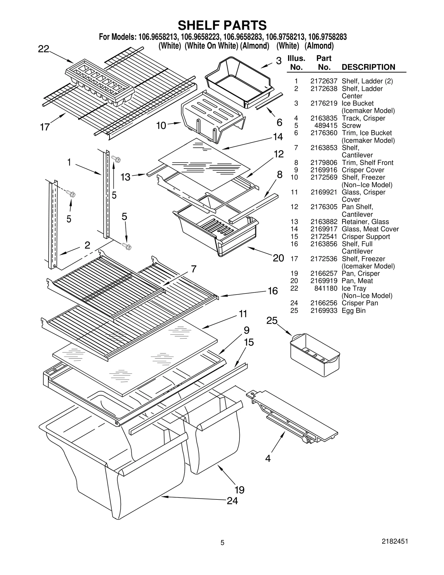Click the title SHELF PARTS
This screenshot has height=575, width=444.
[x=222, y=25]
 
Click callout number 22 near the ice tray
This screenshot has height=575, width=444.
[x=44, y=49]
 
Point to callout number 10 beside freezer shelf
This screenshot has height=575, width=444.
[x=161, y=125]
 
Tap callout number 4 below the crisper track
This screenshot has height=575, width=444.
[x=268, y=458]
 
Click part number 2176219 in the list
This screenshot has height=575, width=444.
[x=324, y=103]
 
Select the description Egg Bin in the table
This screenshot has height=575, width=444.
[x=354, y=310]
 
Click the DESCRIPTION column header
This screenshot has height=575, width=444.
[x=368, y=67]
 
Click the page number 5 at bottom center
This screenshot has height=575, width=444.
[x=222, y=550]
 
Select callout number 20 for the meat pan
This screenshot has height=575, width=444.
[x=278, y=258]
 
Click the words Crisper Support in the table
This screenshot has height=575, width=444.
[x=366, y=237]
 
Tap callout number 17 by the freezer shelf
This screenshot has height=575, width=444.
[x=45, y=127]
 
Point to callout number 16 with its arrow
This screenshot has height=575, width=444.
[x=273, y=291]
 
